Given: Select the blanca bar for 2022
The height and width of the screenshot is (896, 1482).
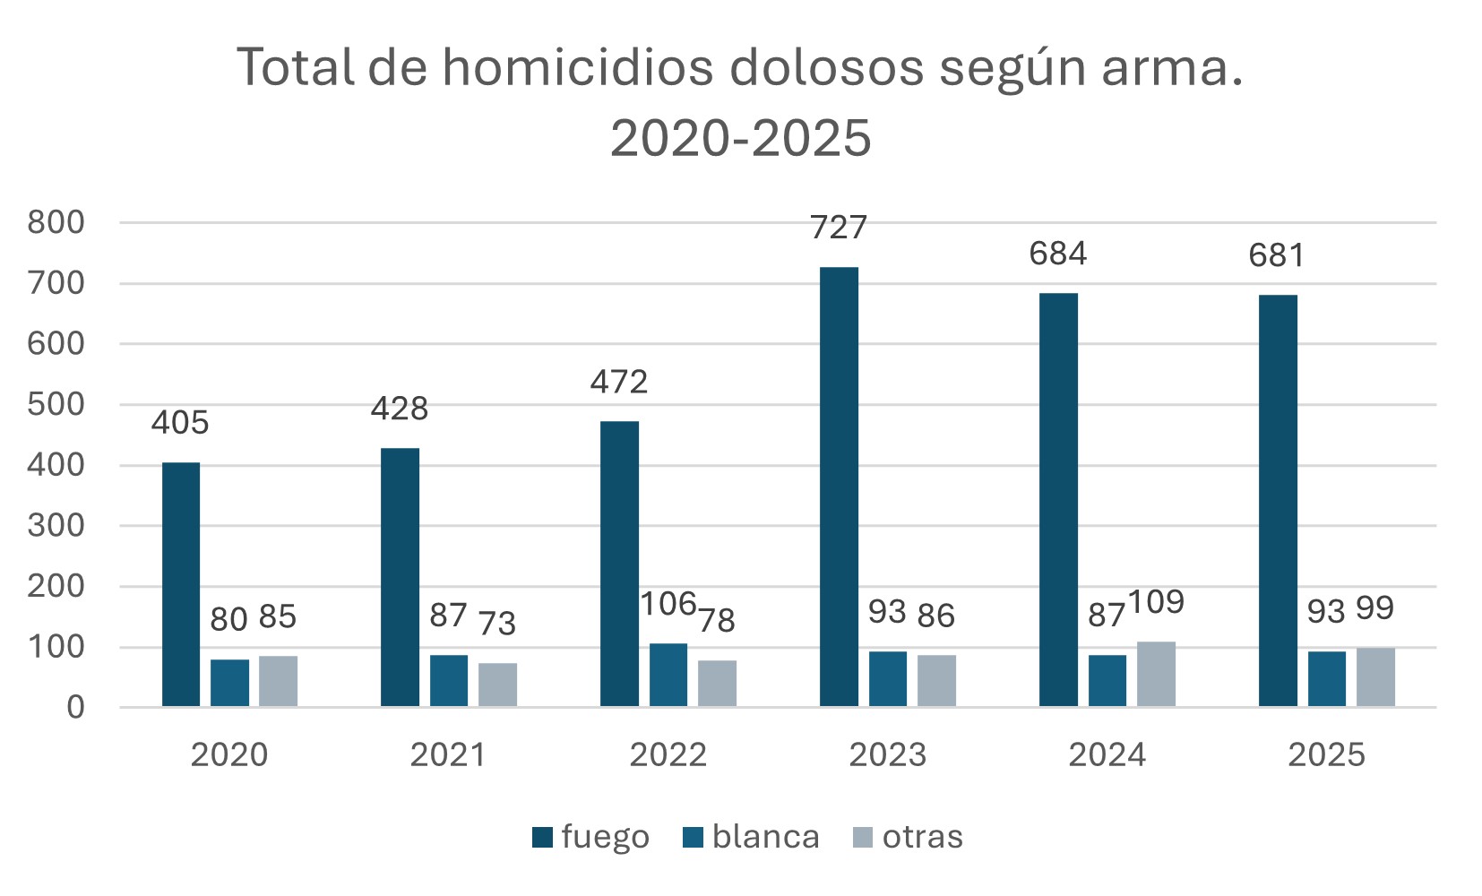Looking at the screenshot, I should click(668, 675).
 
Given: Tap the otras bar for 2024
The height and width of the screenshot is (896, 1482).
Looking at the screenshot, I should click(1156, 674).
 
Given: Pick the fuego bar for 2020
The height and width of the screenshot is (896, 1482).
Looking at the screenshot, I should click(181, 584).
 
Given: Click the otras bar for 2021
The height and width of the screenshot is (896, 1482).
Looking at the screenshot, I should click(497, 685).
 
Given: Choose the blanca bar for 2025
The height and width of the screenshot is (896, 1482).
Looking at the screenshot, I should click(1326, 678).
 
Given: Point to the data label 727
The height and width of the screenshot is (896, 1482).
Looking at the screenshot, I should click(839, 228).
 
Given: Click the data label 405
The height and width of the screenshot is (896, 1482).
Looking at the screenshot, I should click(180, 422).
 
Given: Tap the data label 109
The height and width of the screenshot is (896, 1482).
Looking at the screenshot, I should click(1156, 602).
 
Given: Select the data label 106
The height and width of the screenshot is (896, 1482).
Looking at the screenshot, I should click(668, 604).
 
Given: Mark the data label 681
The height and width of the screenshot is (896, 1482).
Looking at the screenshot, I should click(1277, 255).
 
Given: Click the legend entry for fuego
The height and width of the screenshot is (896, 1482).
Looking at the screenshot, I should click(590, 837).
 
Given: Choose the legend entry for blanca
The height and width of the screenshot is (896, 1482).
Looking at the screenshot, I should click(751, 837).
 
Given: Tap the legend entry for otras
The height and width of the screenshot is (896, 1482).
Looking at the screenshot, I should click(908, 837).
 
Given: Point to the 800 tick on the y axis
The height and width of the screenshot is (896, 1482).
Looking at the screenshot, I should click(56, 222).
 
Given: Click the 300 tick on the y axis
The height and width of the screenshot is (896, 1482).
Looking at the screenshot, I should click(56, 525).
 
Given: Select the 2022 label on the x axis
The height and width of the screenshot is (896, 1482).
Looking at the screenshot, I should click(668, 754).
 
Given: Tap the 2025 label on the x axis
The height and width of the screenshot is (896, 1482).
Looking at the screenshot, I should click(1326, 754).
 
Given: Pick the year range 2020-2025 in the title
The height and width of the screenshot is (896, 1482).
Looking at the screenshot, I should click(740, 138).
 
